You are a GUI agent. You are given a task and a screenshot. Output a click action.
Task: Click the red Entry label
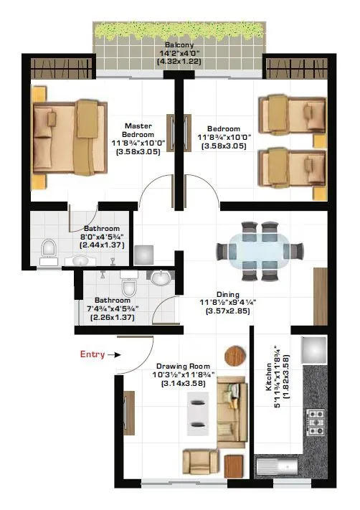[x=92, y=354]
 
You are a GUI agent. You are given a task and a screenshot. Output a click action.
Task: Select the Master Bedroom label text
[x=138, y=130]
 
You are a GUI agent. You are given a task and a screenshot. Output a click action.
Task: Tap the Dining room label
[x=227, y=294]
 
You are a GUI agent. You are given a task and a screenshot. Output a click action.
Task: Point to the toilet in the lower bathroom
[x=129, y=275]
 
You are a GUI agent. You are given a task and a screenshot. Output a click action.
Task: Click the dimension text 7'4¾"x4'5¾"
[x=108, y=309]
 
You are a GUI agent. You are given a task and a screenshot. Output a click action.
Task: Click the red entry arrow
[x=117, y=354]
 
